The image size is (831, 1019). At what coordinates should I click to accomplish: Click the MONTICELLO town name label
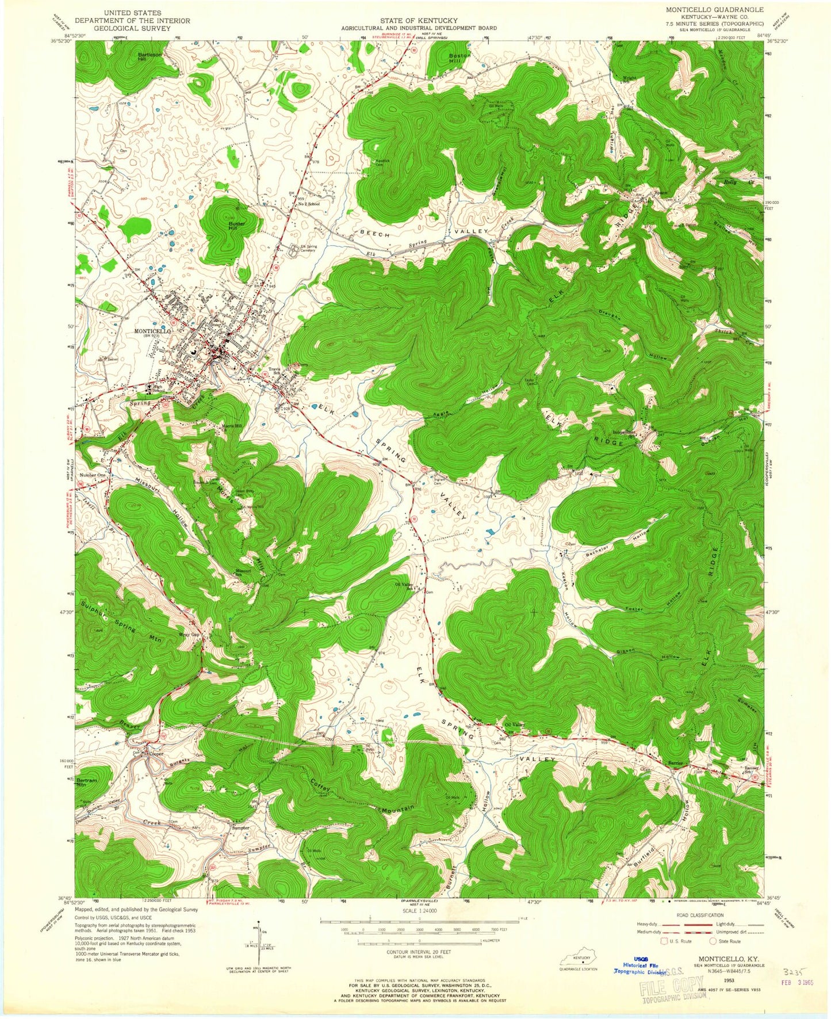[152, 331]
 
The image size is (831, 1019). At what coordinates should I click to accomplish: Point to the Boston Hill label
[459, 58]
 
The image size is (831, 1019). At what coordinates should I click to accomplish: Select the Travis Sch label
[274, 372]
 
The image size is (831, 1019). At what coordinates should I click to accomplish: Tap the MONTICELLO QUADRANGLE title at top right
[715, 10]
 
